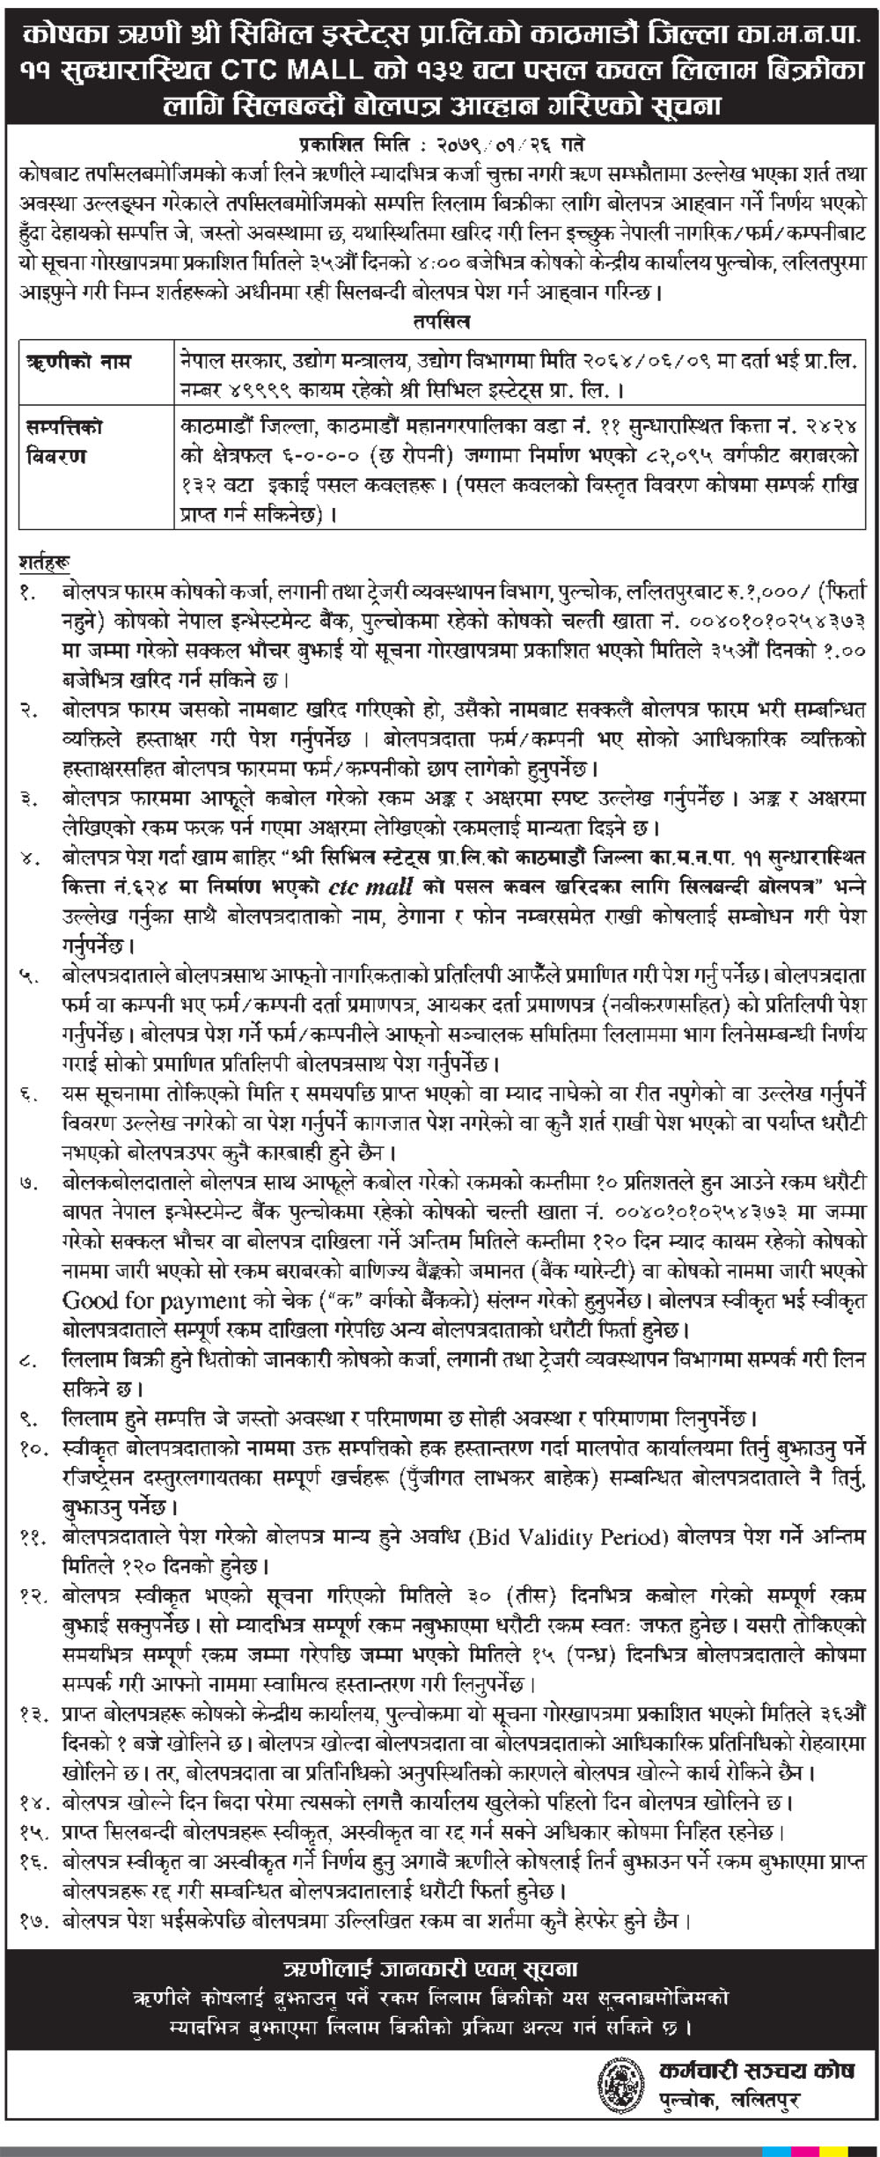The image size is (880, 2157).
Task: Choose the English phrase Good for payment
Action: (154, 1300)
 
